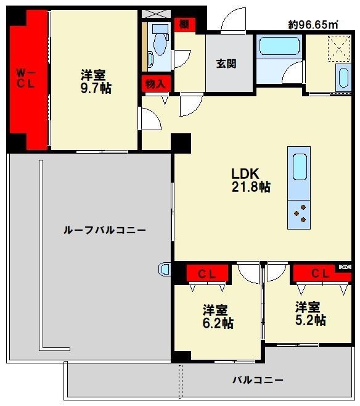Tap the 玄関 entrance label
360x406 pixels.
point(226,64)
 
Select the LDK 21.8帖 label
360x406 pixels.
point(250,180)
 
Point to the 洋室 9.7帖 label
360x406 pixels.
point(96,81)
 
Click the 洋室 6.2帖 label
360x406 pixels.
point(217,316)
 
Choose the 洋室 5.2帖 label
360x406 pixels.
point(309,313)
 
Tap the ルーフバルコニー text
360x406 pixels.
point(105,230)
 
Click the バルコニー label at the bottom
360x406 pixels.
point(258,380)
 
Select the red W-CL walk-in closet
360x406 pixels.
point(27,78)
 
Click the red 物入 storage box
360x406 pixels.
point(155,83)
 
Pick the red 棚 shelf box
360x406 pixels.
point(184,25)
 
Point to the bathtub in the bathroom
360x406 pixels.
point(278,47)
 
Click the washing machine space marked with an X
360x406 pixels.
point(337,48)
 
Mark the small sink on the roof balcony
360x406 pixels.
point(165,269)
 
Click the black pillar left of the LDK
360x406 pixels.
point(181,143)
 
